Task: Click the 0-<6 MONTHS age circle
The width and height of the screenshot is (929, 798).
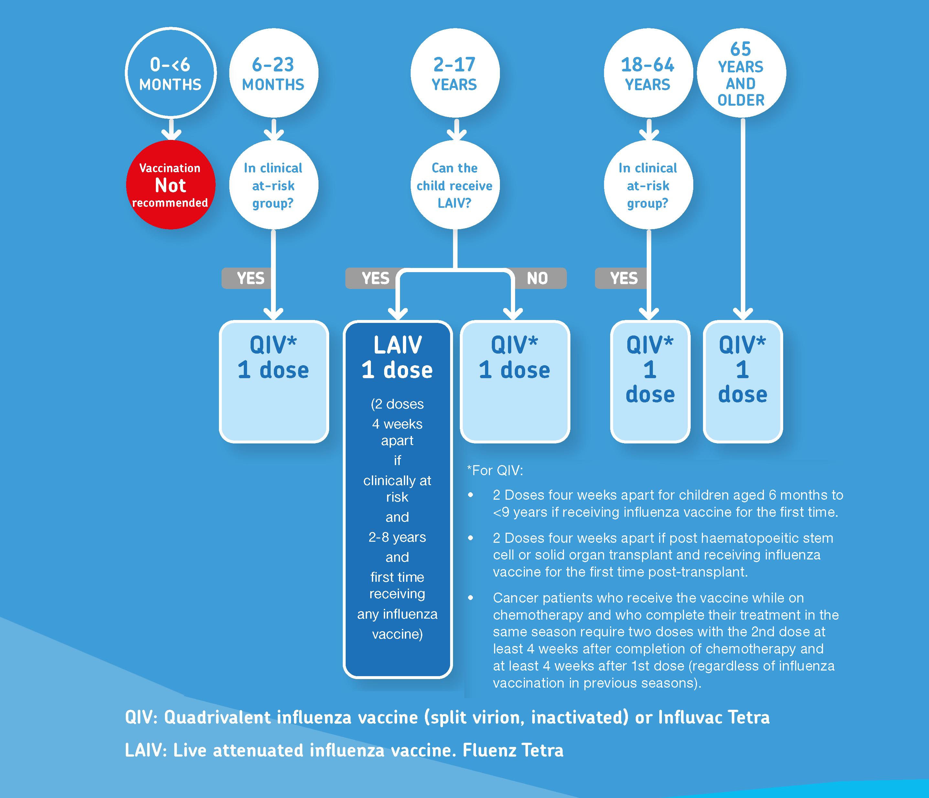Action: point(170,73)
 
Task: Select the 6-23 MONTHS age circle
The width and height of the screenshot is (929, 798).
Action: point(274,73)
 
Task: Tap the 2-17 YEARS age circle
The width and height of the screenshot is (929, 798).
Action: point(455,73)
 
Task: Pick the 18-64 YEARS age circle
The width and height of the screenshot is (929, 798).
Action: point(648,73)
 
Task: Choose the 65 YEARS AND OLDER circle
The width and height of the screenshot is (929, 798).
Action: point(741,73)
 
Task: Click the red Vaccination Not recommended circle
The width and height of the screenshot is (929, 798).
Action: point(170,185)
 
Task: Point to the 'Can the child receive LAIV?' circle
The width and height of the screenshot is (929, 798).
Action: point(455,185)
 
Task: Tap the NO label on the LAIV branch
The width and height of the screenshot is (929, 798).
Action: point(537,278)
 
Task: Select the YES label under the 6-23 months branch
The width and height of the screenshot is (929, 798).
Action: point(251,278)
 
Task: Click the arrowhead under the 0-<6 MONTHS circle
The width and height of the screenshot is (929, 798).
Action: point(170,133)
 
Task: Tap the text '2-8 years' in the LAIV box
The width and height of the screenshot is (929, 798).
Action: point(397,537)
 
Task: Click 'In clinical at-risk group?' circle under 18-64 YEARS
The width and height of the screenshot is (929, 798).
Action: point(648,185)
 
